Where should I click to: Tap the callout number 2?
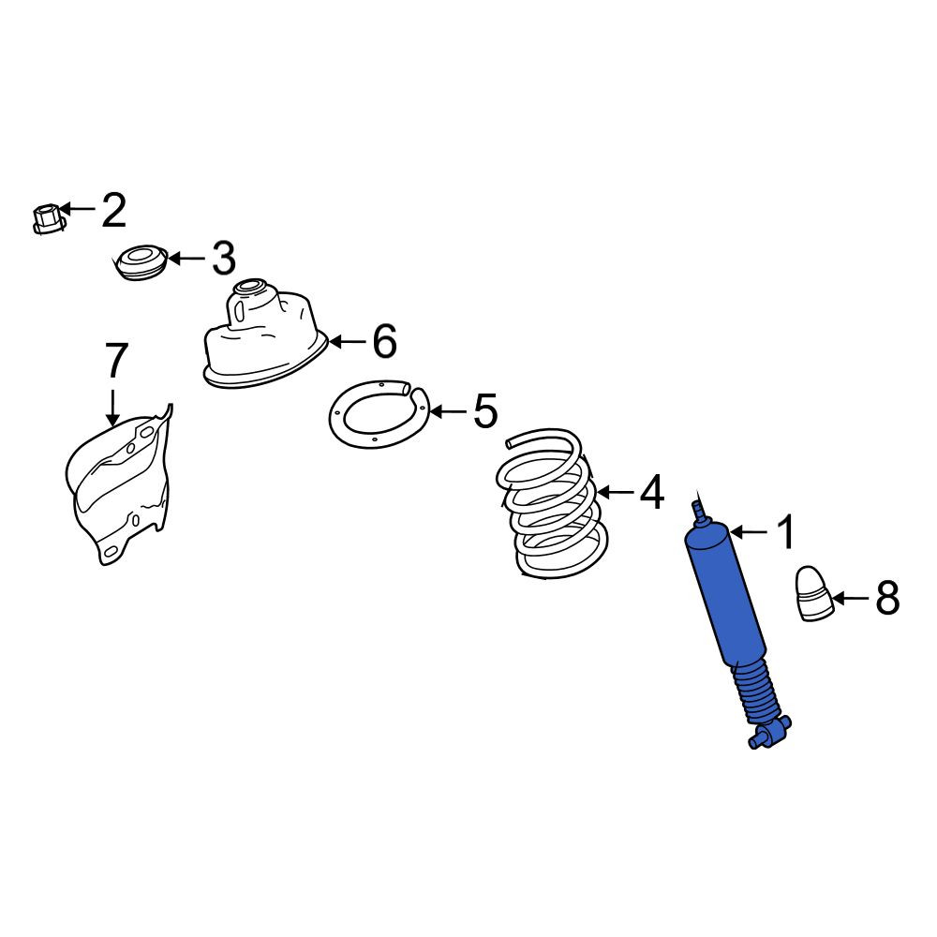click(x=113, y=210)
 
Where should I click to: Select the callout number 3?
click(x=224, y=259)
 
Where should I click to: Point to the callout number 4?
click(x=651, y=492)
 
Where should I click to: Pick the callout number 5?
click(x=485, y=411)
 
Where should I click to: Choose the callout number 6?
click(x=384, y=341)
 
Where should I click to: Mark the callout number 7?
click(x=116, y=361)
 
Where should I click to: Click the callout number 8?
click(x=887, y=598)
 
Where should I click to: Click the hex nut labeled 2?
click(x=47, y=218)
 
